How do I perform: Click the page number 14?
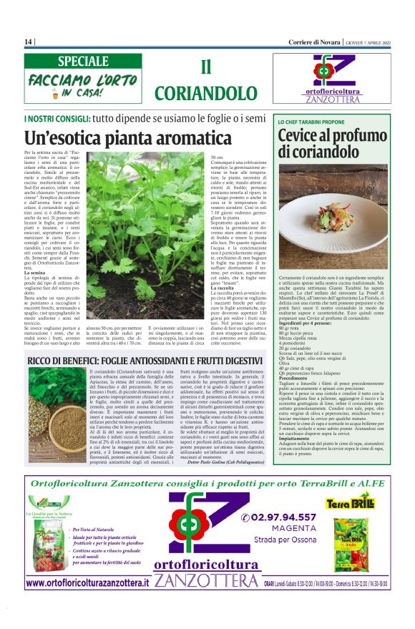[x=29, y=42]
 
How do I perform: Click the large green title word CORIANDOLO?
[x=205, y=93]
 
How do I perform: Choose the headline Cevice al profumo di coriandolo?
[x=331, y=143]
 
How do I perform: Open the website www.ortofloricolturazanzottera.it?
[x=87, y=584]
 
